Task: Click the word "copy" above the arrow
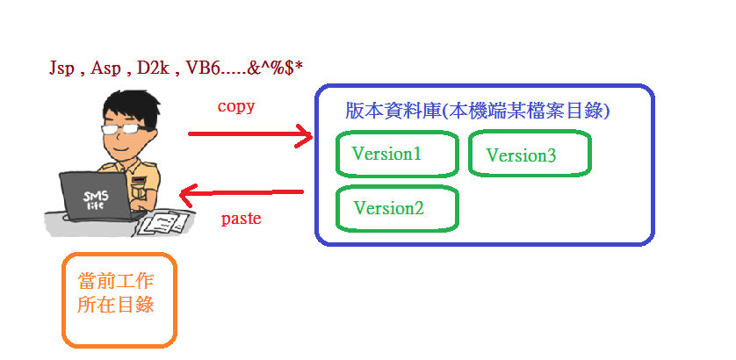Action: (235, 106)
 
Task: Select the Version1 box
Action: (397, 155)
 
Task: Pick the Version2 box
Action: (397, 209)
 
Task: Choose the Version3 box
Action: (530, 155)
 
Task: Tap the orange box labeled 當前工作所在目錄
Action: (119, 299)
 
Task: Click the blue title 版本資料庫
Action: (393, 112)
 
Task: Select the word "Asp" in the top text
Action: (107, 68)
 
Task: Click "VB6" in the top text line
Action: (202, 68)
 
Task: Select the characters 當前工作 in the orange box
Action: (116, 283)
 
